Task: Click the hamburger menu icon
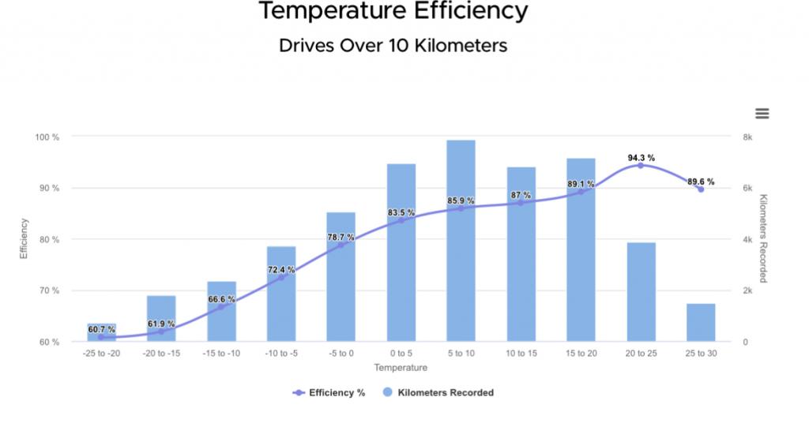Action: click(x=762, y=114)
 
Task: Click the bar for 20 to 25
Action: click(x=641, y=292)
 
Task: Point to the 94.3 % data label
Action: click(x=641, y=158)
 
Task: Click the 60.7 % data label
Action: click(x=101, y=329)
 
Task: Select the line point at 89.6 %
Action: click(x=701, y=189)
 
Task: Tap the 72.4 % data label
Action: click(x=281, y=270)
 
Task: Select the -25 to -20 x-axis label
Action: click(x=101, y=354)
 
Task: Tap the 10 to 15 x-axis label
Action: click(x=521, y=354)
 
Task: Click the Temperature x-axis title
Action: click(x=401, y=368)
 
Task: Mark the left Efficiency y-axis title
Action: click(x=24, y=239)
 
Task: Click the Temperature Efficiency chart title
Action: click(x=393, y=12)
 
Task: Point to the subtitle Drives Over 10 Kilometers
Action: click(x=393, y=46)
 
